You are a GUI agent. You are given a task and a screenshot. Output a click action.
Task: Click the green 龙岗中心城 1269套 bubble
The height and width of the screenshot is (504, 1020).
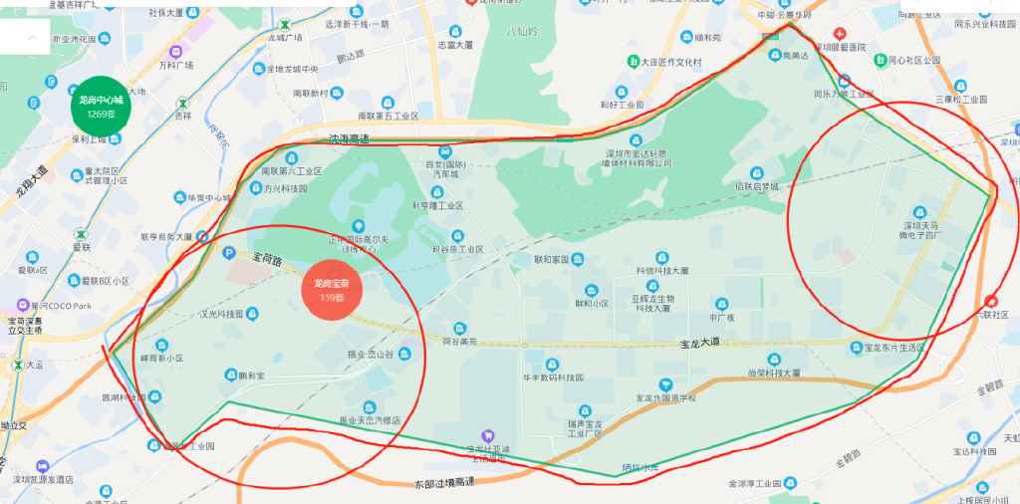coord(102,106)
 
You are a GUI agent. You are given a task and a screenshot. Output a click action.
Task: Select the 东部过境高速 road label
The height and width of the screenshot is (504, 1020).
coord(443,483)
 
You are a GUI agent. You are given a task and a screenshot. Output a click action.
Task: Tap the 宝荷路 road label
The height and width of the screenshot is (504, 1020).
coord(267,260)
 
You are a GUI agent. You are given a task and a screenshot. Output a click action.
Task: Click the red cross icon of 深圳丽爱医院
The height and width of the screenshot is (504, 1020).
coord(840,33)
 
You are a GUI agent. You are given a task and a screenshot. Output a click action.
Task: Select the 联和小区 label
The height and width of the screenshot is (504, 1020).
coord(592,304)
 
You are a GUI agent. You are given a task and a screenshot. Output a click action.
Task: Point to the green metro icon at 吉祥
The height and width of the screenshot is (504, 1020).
coord(182,102)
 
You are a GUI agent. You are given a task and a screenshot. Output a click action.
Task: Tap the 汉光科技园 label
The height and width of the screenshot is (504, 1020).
coord(222,315)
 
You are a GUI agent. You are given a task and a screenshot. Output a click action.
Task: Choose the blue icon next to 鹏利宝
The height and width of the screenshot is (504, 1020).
coord(230,376)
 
